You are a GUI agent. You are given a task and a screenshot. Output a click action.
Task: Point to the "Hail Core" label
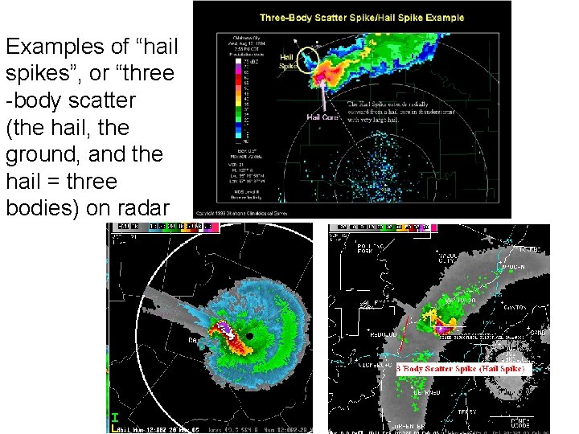[x=321, y=117]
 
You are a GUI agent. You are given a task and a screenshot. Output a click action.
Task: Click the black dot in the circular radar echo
[x=250, y=335]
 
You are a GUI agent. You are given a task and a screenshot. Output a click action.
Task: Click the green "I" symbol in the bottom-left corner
[x=115, y=418]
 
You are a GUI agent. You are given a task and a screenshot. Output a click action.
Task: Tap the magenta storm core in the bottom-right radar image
[x=441, y=327]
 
